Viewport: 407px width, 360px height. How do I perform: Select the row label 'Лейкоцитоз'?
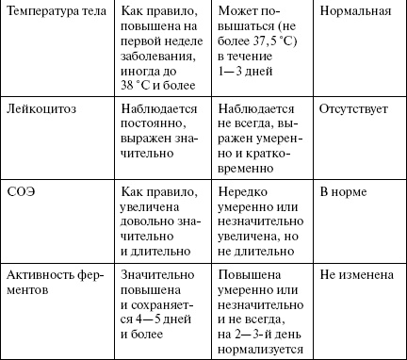41,109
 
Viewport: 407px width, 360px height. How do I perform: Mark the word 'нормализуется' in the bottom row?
260,350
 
